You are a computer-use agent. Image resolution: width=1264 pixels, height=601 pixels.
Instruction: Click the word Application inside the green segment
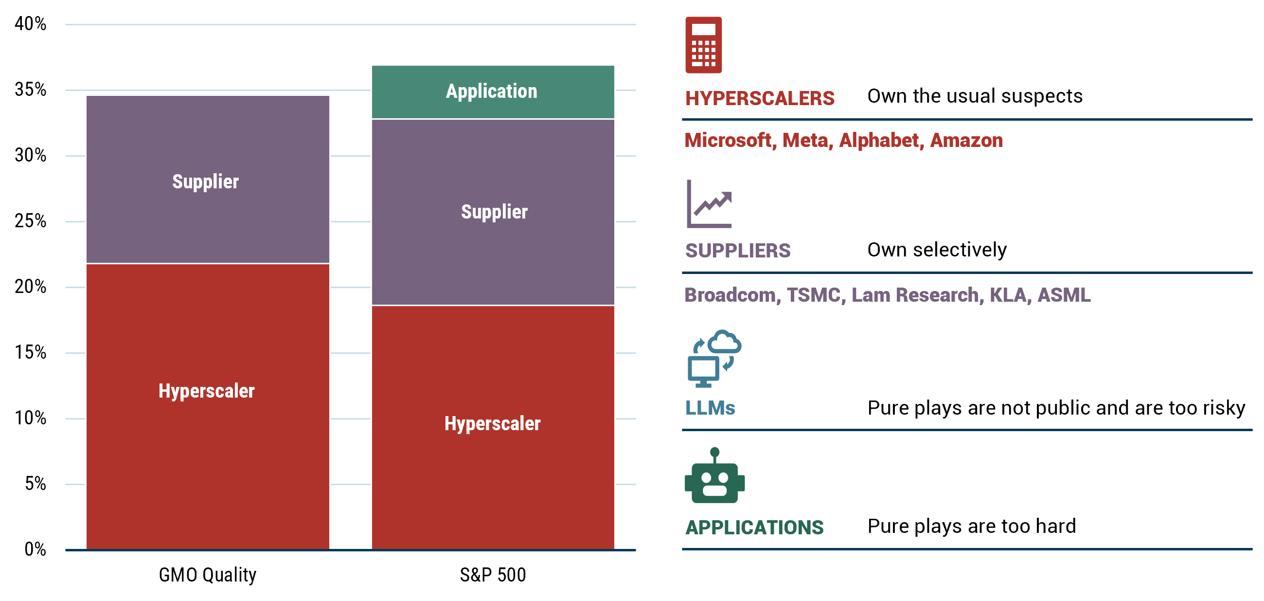tap(491, 91)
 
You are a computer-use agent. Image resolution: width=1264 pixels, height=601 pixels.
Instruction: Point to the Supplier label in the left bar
tap(205, 182)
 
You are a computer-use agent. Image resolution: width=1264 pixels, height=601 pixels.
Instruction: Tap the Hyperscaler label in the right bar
tap(492, 424)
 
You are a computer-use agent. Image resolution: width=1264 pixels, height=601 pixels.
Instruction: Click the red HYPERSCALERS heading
tap(760, 98)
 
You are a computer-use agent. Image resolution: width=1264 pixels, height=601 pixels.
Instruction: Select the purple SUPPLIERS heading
tap(737, 251)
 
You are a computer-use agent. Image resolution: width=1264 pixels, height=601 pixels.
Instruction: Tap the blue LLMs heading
tap(710, 410)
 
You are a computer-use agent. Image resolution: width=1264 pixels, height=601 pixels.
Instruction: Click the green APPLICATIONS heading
tap(754, 528)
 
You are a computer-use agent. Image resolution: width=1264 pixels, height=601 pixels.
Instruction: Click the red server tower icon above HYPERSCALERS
tap(703, 50)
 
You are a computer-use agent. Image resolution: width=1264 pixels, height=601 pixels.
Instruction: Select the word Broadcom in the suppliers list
tap(730, 294)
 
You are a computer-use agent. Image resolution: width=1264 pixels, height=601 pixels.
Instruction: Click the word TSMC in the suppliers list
tap(814, 294)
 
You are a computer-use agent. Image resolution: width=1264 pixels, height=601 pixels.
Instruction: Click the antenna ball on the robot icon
tap(714, 452)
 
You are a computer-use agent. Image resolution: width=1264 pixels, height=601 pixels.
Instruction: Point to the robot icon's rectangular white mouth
tap(714, 491)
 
